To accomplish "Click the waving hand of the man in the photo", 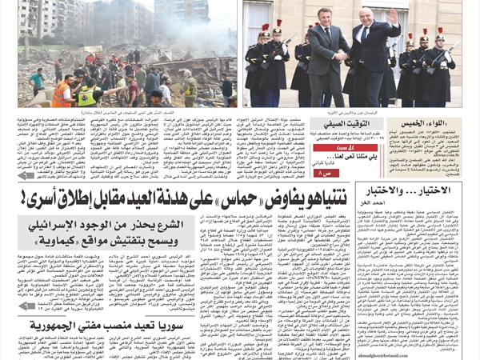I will pos(391,15).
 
